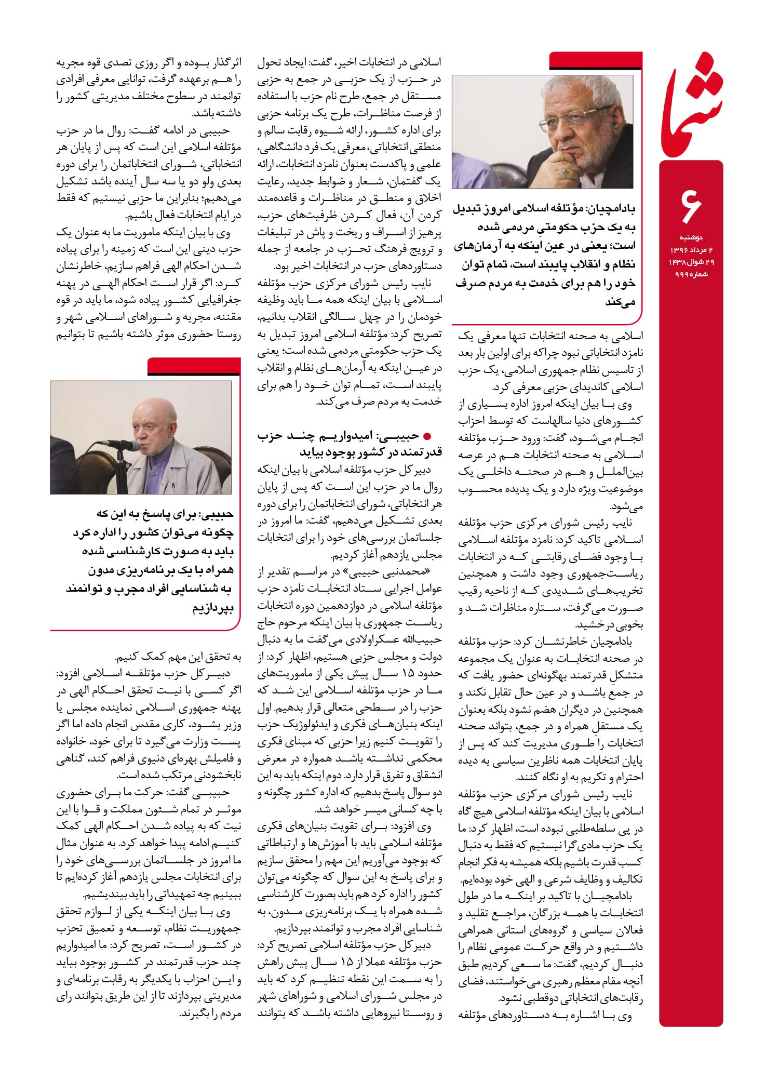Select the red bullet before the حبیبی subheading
(x=428, y=437)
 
